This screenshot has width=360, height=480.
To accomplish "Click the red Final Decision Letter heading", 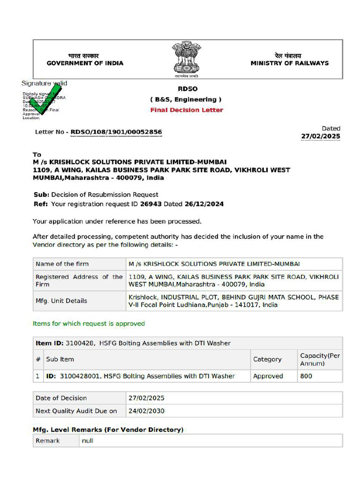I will (x=187, y=110).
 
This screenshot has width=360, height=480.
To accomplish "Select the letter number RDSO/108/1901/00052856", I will (x=116, y=132).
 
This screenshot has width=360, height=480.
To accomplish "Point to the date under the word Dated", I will (x=321, y=136).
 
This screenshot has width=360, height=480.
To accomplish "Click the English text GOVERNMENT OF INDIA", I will (x=85, y=63).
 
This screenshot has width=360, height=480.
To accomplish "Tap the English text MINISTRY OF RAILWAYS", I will (x=289, y=63).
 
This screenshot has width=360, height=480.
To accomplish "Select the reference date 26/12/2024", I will (x=204, y=204).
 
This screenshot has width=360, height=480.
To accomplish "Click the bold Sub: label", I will (x=41, y=195).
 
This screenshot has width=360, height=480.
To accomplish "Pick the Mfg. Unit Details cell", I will (x=61, y=301).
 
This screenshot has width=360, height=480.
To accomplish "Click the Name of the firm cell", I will (x=62, y=264).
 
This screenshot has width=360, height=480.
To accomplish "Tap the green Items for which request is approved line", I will (x=89, y=323).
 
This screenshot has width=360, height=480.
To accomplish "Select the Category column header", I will (x=267, y=360).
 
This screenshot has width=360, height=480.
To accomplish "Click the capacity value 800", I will (x=306, y=376).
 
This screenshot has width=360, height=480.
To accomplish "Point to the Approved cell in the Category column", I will (x=268, y=376).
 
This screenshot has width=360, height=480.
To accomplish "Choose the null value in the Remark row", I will (x=88, y=441).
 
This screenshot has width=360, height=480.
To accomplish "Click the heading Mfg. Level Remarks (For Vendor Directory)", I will (x=108, y=429).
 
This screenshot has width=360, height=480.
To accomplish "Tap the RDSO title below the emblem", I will (x=187, y=89).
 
